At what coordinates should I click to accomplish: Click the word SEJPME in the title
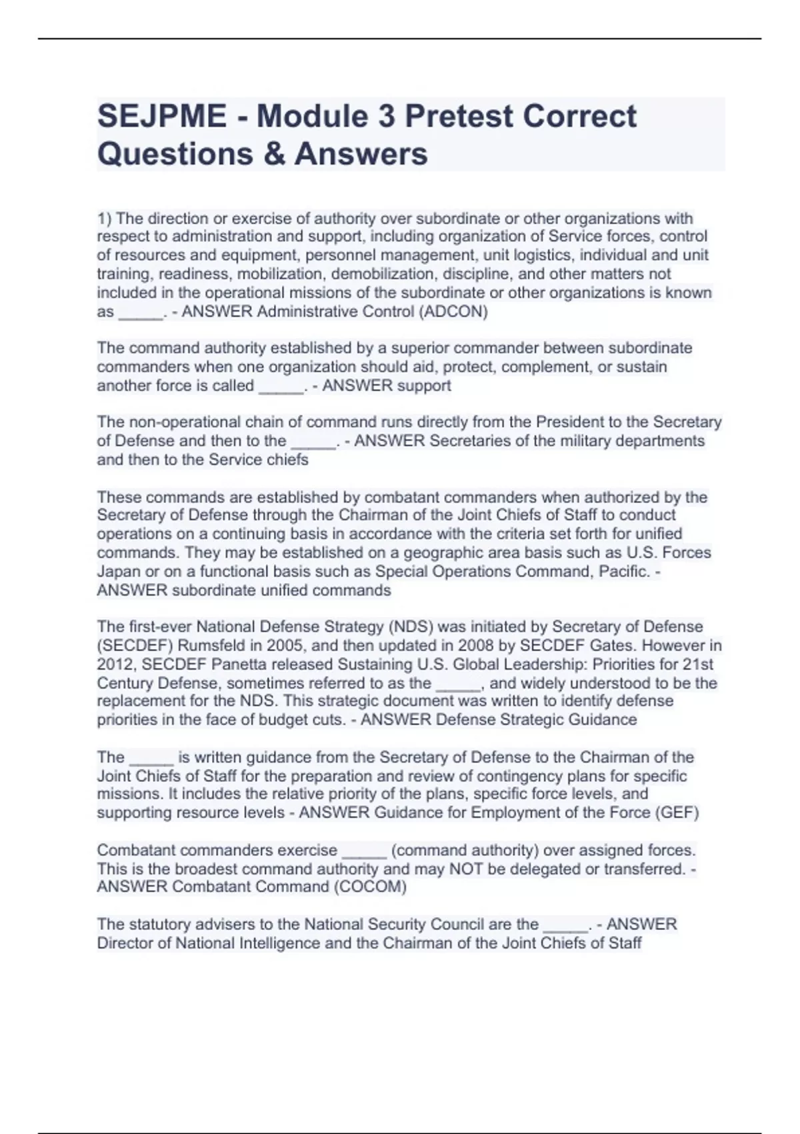[x=162, y=116]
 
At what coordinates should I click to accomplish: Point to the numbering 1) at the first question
[x=105, y=218]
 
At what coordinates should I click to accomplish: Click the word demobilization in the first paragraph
[x=388, y=274]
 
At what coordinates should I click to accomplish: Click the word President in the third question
[x=577, y=422]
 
